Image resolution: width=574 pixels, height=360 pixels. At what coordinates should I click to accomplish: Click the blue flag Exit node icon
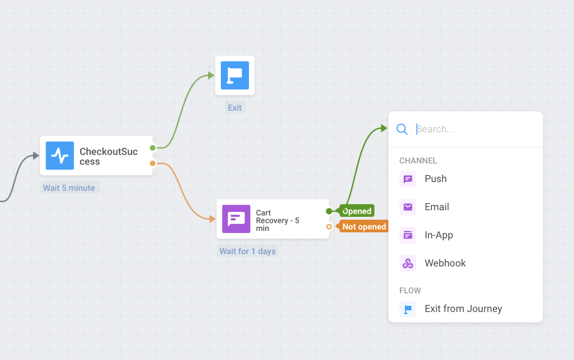tap(235, 75)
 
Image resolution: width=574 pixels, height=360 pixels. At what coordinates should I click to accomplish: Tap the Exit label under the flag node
tap(234, 108)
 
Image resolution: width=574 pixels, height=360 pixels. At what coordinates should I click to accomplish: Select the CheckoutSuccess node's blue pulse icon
tap(60, 156)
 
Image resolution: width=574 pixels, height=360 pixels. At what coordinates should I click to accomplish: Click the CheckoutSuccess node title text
tap(108, 156)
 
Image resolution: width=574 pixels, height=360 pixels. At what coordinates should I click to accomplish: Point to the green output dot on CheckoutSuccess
tap(153, 148)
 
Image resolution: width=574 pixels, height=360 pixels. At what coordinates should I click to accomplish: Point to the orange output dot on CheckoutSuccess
tap(153, 163)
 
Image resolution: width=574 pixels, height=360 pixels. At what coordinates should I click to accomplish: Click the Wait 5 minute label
tap(69, 188)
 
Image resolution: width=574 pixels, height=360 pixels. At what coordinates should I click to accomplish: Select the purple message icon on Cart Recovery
tap(236, 219)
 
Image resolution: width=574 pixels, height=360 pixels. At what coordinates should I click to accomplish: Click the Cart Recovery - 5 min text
tap(277, 221)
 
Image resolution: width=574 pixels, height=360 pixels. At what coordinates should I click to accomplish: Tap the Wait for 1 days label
tap(247, 251)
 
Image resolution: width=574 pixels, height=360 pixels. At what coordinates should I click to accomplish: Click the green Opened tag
tap(356, 211)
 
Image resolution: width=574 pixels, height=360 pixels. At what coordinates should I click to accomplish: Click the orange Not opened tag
tap(364, 227)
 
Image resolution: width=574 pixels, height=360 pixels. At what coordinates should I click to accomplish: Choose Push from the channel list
tap(435, 179)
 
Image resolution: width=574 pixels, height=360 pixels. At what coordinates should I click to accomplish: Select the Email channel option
tap(437, 207)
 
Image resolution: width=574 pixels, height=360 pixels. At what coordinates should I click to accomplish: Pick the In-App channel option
tap(439, 235)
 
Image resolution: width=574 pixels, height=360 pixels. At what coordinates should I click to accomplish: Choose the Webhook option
tap(445, 263)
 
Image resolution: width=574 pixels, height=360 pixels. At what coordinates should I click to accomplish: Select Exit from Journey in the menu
tap(463, 309)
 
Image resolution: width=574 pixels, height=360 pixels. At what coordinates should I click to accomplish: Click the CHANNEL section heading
tap(418, 161)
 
